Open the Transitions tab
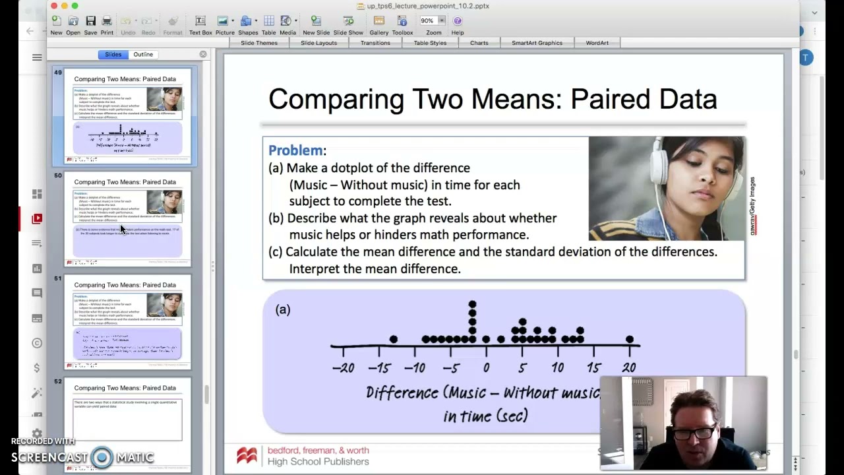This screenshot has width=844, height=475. [375, 43]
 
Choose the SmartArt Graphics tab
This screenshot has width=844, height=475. [537, 43]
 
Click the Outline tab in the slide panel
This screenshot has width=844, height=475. [143, 55]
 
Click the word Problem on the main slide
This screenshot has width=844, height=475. [295, 150]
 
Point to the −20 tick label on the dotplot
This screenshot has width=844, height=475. [343, 368]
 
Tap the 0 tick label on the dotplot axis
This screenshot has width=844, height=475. [486, 368]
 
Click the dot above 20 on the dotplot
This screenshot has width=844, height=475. [630, 340]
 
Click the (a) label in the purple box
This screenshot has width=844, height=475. [283, 309]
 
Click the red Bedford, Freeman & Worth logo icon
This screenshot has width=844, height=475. [247, 455]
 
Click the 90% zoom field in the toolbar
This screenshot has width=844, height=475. [427, 21]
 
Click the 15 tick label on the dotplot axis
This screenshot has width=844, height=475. [593, 368]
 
